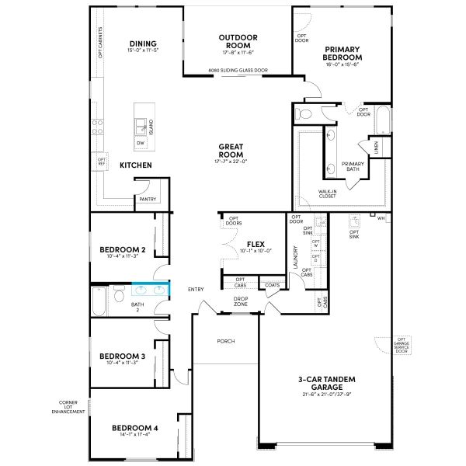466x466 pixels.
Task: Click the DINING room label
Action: [x=143, y=43]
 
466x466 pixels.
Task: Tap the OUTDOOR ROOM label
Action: [x=238, y=40]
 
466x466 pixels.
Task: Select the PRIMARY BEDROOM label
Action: [x=343, y=53]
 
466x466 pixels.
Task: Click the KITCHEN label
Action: [x=135, y=165]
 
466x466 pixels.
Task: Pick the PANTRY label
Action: [x=148, y=199]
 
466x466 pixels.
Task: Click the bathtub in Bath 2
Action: [x=99, y=301]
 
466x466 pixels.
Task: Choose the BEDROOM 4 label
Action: [x=134, y=428]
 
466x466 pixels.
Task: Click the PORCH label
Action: [x=226, y=341]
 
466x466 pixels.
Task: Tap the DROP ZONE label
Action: [x=241, y=301]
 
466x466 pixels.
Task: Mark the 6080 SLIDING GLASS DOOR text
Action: [x=238, y=71]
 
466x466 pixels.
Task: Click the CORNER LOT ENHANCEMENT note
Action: [x=68, y=406]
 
